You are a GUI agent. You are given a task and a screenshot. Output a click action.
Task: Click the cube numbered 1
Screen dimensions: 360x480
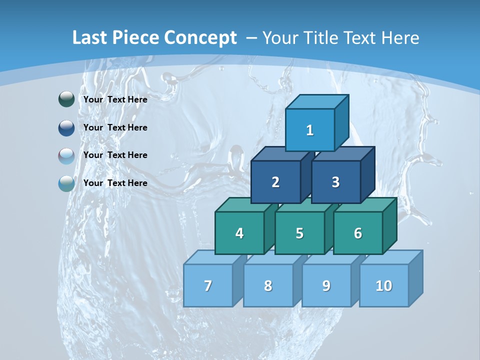tap(310, 130)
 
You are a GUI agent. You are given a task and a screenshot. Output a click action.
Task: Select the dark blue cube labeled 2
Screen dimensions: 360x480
tap(275, 182)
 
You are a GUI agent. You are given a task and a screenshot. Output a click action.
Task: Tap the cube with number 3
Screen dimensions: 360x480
tap(335, 182)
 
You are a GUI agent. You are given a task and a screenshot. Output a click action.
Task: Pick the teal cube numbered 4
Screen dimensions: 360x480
tap(239, 233)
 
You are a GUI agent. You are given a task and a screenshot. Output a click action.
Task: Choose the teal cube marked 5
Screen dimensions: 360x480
tap(299, 233)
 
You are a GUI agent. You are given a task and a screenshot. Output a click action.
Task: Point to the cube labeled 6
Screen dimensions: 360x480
tap(358, 233)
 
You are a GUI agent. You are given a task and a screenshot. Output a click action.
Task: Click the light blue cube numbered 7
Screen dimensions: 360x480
tap(208, 285)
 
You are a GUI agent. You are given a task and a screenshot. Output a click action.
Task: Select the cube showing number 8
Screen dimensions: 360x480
tap(268, 285)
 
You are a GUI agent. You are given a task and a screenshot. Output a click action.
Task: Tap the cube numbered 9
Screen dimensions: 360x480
tap(326, 285)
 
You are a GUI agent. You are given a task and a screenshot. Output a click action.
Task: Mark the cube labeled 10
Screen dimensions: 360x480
tap(384, 285)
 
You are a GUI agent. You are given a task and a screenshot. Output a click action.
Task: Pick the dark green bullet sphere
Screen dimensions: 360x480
tap(66, 99)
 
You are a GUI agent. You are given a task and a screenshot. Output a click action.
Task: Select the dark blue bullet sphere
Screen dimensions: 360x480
tap(66, 127)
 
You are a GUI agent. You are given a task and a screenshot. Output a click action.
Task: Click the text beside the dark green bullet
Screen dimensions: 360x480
tap(115, 99)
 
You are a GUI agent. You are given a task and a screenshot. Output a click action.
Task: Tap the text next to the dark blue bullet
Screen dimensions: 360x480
tap(115, 127)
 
